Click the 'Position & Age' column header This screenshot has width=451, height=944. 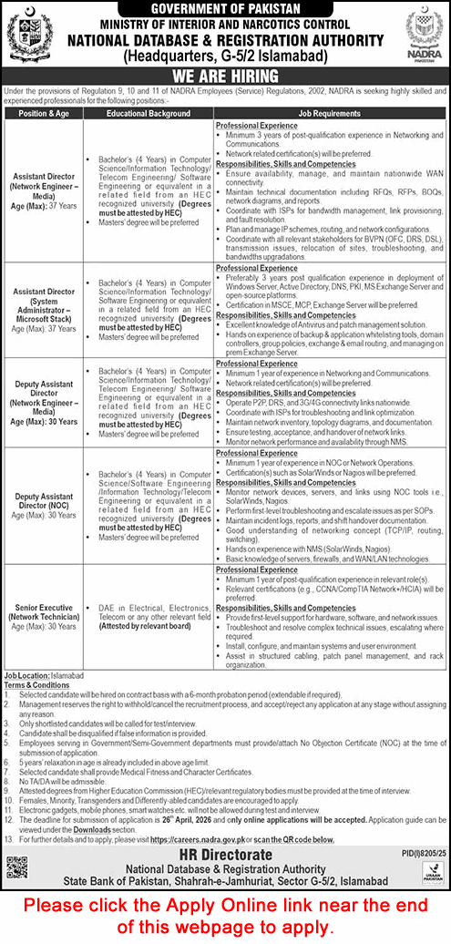tap(42, 114)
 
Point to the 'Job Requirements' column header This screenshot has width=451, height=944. tap(329, 114)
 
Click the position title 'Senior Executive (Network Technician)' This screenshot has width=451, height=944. tap(42, 606)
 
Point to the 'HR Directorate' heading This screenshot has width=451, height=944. tap(225, 857)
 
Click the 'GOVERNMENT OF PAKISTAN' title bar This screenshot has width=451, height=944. tap(224, 8)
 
